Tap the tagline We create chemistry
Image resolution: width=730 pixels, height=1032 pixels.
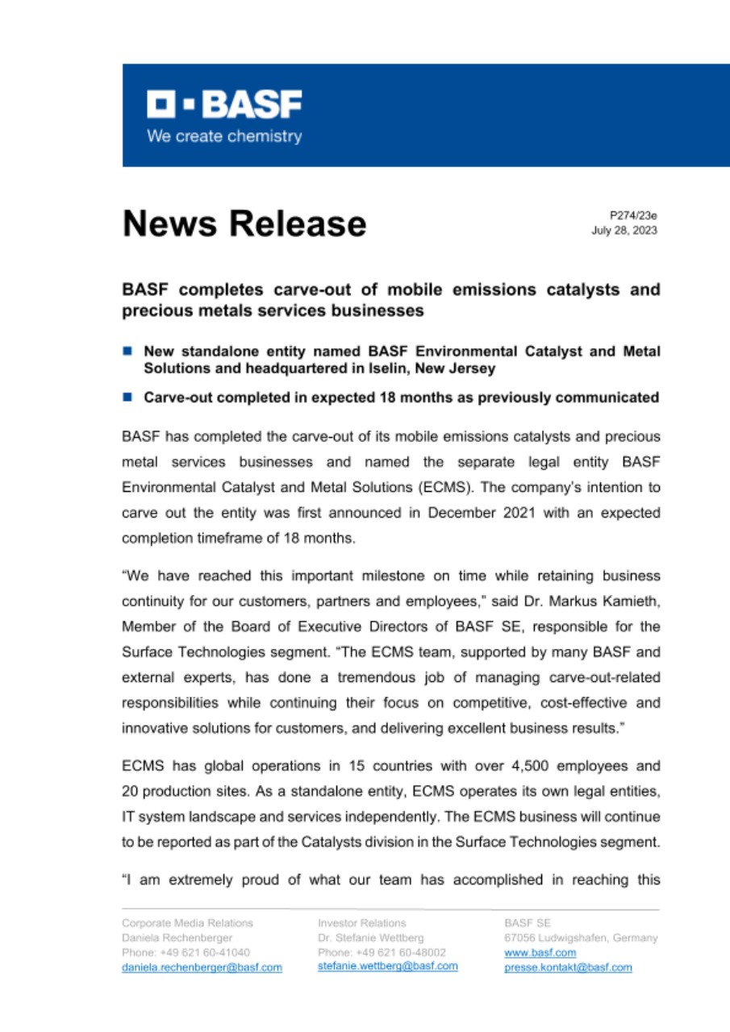[x=223, y=136]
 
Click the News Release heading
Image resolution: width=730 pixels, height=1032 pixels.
[x=244, y=223]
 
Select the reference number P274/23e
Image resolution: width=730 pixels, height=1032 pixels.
[x=635, y=216]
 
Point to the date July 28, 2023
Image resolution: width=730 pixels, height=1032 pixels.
[x=625, y=231]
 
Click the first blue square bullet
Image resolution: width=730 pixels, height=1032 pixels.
[x=127, y=352]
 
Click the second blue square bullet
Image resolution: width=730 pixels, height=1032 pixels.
[x=127, y=397]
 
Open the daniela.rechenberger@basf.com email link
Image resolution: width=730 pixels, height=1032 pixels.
[x=202, y=967]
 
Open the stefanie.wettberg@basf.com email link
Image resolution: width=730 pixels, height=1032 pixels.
[x=388, y=966]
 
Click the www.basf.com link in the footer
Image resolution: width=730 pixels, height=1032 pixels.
[x=529, y=952]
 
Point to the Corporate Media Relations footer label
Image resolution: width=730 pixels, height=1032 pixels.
[x=187, y=922]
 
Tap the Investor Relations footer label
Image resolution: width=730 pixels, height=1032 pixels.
[x=362, y=922]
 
